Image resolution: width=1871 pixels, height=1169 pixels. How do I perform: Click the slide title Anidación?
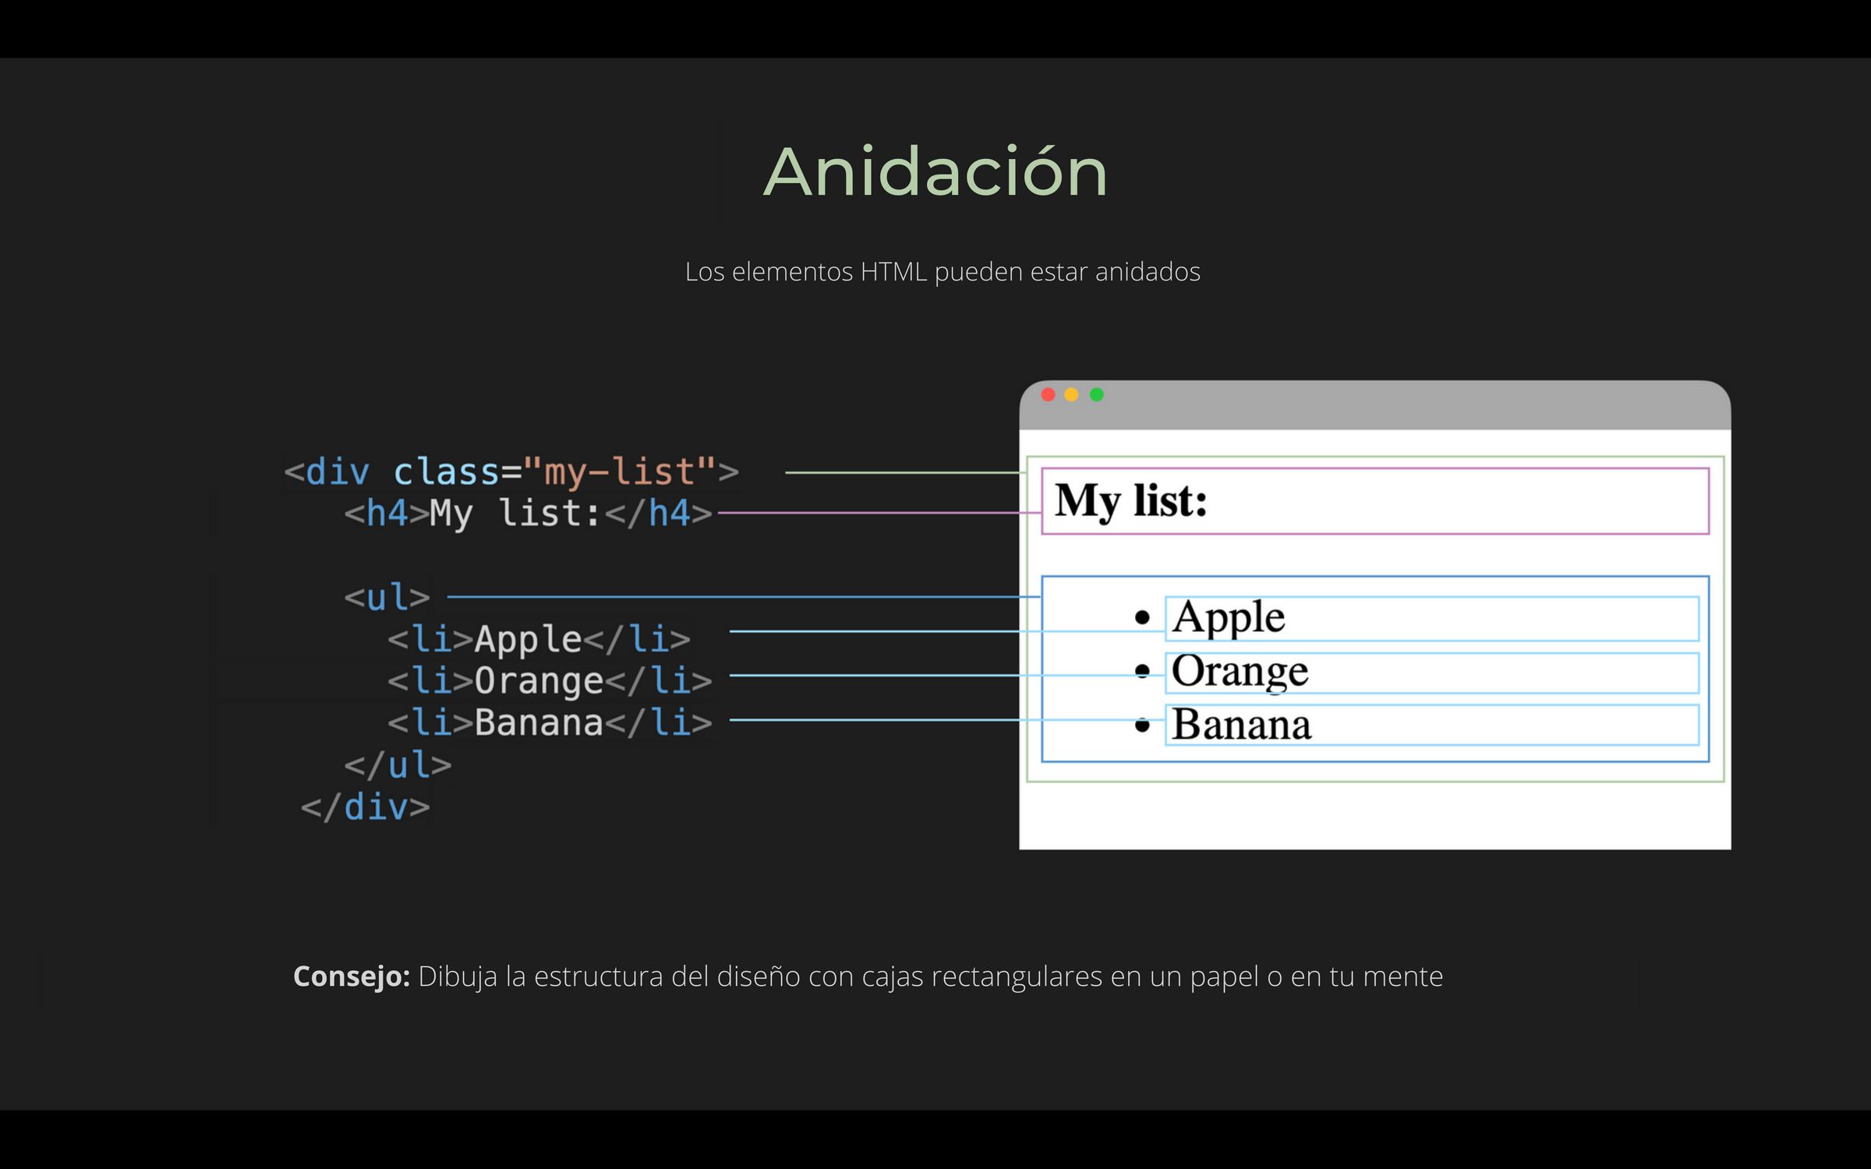pos(935,172)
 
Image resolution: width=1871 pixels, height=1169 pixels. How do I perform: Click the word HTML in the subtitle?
pos(893,272)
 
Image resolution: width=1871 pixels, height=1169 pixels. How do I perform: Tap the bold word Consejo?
pos(351,977)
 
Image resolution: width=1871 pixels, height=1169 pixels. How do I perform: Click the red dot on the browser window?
pos(1049,395)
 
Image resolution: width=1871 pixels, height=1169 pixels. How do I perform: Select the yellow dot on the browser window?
pos(1072,395)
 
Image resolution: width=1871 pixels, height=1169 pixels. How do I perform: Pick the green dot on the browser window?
pos(1097,395)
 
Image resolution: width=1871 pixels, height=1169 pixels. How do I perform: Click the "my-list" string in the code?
pos(620,472)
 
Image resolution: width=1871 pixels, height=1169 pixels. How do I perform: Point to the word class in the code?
pos(446,472)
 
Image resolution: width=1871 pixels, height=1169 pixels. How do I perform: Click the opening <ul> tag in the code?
pos(387,598)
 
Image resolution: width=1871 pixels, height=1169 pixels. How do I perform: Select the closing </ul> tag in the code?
pos(398,765)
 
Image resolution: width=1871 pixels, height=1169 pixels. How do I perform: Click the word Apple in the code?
pos(528,640)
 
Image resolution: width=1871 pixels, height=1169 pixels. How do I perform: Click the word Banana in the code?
pos(539,723)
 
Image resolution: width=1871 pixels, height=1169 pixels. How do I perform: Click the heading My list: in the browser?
pos(1130,500)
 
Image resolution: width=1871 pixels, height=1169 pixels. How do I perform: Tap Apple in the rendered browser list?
pos(1229,617)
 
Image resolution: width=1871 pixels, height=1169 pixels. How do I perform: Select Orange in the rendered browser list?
pos(1240,671)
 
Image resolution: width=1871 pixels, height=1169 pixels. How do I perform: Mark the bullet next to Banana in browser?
pos(1143,726)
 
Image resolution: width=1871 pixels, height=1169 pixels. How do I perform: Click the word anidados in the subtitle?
pos(1148,272)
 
